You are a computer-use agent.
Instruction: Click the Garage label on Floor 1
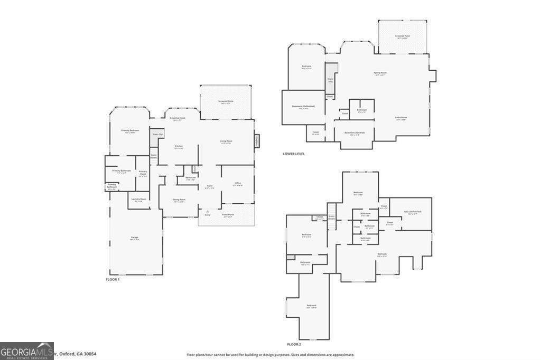(135, 238)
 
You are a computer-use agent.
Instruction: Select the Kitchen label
(179, 146)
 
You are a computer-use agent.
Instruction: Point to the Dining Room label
(179, 200)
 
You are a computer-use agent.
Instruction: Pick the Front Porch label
(228, 215)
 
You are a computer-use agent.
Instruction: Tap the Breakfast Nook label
(179, 119)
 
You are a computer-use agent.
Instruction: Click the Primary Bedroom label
(130, 131)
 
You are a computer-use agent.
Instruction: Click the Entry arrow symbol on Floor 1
(207, 211)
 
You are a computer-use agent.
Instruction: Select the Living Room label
(226, 141)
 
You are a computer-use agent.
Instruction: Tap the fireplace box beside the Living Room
(257, 141)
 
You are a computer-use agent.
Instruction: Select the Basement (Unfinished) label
(303, 107)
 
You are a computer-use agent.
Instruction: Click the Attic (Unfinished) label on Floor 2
(412, 212)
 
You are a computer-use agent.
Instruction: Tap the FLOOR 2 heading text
(295, 344)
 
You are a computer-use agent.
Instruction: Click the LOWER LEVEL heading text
(294, 154)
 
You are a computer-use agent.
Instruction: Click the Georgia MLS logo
(27, 350)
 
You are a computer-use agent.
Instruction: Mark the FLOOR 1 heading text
(113, 279)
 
